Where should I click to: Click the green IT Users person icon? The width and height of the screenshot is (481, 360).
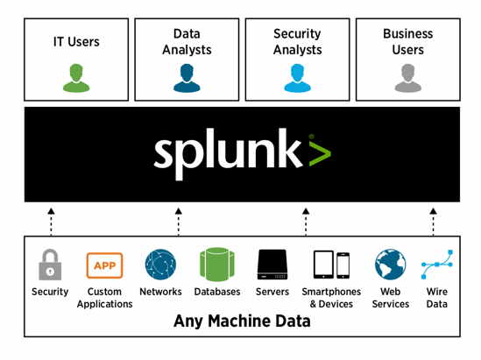76,78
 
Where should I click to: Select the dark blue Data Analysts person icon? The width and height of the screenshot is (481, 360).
187,78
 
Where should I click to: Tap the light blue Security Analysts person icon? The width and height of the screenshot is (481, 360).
297,78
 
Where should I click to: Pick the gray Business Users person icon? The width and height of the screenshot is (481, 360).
408,78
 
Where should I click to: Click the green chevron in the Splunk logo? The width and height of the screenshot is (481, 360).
320,152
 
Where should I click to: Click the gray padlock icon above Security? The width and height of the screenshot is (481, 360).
50,265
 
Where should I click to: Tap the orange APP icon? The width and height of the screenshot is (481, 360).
104,265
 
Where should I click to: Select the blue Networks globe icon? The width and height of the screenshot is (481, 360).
160,265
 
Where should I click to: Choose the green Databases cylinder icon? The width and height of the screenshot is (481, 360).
217,265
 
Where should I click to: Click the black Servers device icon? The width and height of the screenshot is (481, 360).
272,265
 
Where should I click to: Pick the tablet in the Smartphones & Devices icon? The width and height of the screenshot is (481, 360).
323,265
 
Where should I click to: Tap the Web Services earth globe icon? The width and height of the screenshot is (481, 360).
391,265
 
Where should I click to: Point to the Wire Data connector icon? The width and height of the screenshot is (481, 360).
437,265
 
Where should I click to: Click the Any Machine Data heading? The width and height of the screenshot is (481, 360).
242,321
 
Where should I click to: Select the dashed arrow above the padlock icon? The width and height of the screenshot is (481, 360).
51,222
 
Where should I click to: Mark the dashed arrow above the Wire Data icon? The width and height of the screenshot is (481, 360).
433,222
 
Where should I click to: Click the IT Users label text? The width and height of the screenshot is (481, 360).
76,42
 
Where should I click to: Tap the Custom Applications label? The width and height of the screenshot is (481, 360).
104,298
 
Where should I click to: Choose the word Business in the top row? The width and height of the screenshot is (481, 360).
408,34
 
